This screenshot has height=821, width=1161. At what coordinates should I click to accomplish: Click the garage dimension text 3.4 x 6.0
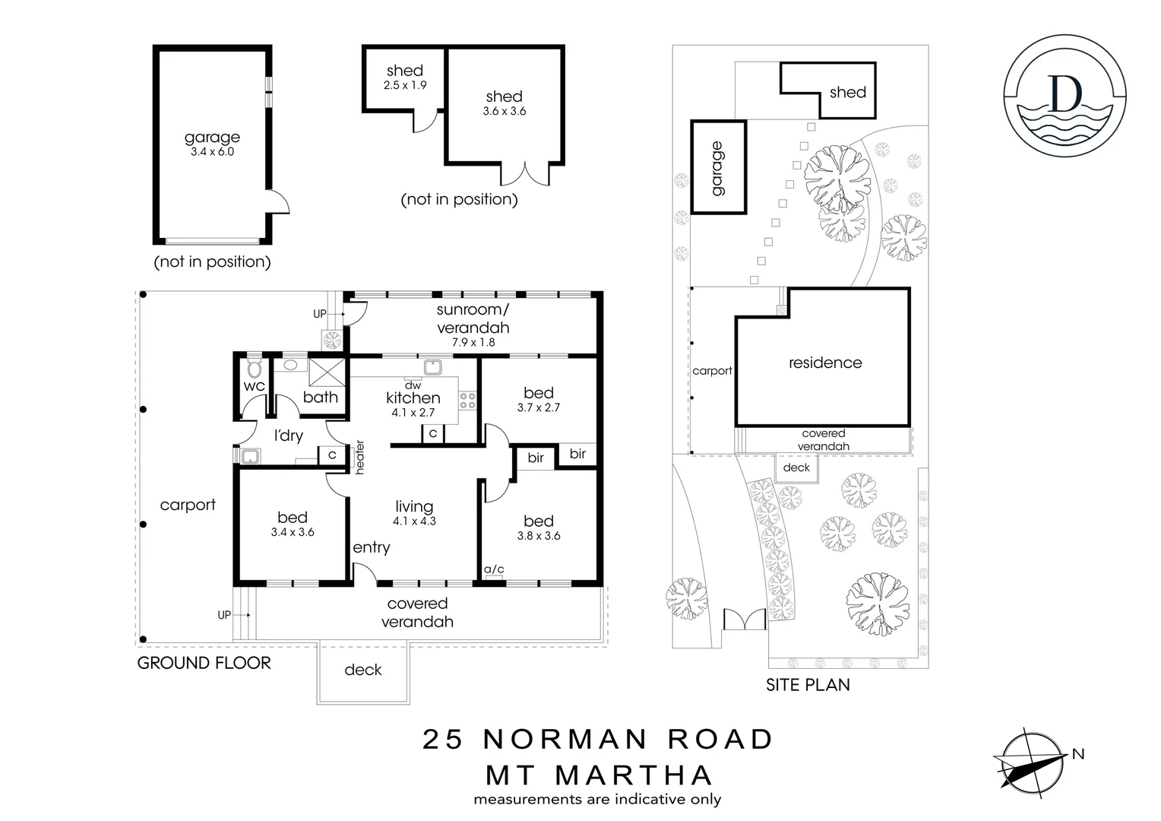click(x=212, y=152)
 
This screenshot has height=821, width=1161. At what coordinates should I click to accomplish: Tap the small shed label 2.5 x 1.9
click(x=404, y=85)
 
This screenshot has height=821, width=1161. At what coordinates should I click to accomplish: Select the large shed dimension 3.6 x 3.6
click(x=504, y=111)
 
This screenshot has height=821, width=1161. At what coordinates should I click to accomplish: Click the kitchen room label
click(x=413, y=398)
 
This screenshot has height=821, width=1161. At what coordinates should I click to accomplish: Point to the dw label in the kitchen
click(x=413, y=385)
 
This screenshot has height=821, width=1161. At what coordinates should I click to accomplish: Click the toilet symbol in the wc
click(x=254, y=369)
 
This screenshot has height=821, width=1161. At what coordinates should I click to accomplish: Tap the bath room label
click(x=320, y=397)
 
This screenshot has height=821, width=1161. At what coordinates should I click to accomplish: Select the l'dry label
click(x=288, y=436)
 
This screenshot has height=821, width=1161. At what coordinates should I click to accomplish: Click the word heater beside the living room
click(x=360, y=457)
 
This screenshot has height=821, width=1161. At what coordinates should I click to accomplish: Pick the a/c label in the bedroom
click(x=494, y=569)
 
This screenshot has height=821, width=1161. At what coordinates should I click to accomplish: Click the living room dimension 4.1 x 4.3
click(x=414, y=521)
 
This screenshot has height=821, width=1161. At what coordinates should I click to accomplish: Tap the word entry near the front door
click(x=371, y=547)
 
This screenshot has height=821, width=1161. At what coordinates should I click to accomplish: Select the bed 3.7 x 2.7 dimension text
click(x=538, y=407)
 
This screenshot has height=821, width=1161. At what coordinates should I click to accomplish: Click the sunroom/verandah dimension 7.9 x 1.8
click(x=473, y=342)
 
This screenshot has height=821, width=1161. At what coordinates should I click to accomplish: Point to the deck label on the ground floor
click(x=362, y=670)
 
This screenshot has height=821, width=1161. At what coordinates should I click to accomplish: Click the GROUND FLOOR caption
click(x=204, y=663)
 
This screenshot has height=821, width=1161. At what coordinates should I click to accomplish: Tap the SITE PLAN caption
click(x=807, y=685)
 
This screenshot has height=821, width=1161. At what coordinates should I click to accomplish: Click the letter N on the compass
click(x=1077, y=754)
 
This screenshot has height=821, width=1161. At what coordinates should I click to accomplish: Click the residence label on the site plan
click(x=824, y=363)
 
